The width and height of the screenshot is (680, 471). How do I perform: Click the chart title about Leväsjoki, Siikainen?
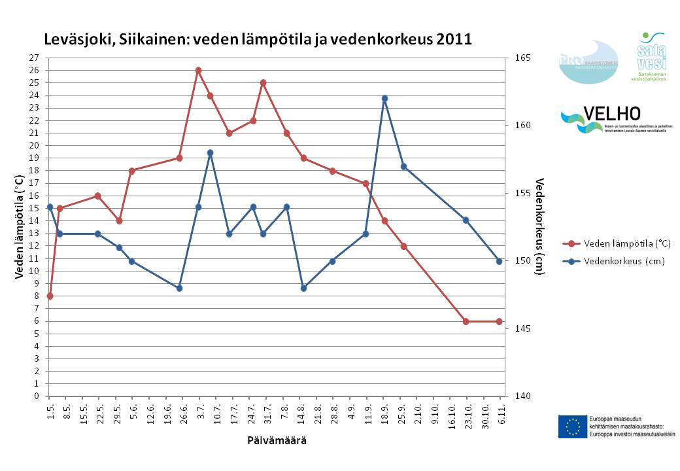click(x=258, y=39)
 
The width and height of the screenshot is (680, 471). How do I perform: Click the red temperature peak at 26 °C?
click(x=198, y=70)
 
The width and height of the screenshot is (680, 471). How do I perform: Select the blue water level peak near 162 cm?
click(x=384, y=98)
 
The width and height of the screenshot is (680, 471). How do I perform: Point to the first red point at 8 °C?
click(x=50, y=296)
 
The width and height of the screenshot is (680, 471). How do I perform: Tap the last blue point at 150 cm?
click(x=499, y=261)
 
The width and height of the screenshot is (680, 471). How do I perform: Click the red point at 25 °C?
click(x=263, y=83)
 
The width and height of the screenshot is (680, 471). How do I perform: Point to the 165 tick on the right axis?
click(x=521, y=58)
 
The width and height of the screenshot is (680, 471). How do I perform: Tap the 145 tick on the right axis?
click(x=521, y=328)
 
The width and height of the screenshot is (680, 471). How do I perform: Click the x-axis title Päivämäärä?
click(x=277, y=441)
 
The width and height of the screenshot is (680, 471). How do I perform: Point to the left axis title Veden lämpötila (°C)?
click(x=20, y=226)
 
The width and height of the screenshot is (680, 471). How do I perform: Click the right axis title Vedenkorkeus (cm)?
click(x=539, y=226)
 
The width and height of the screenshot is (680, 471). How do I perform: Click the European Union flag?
click(x=572, y=426)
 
